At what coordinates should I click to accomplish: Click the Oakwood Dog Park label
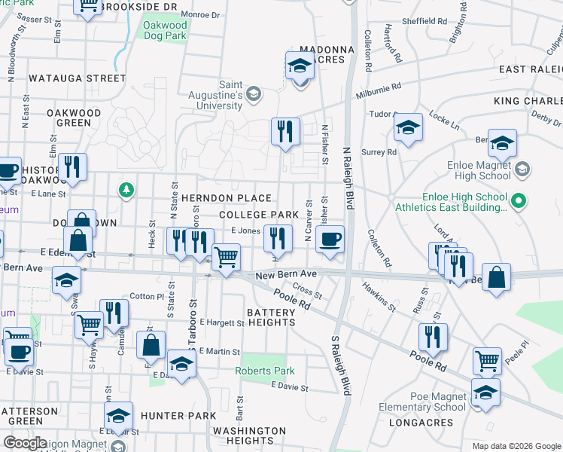(164, 29)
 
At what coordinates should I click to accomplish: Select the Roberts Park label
(264, 371)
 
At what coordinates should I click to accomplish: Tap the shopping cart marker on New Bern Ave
(225, 258)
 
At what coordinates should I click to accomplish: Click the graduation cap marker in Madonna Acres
(300, 66)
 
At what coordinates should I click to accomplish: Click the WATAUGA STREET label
(77, 78)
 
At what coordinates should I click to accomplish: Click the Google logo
(25, 442)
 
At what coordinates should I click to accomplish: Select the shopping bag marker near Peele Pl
(496, 278)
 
